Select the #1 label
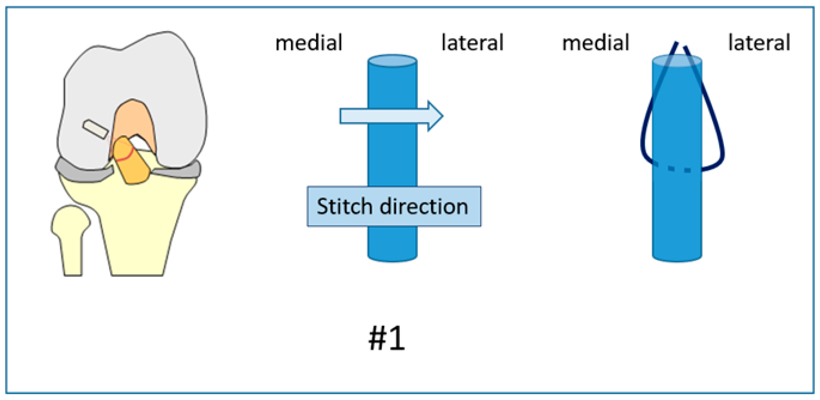(387, 338)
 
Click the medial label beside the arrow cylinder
(309, 43)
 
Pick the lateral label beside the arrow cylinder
(472, 43)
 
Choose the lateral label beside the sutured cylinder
(759, 43)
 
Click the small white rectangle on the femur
(95, 129)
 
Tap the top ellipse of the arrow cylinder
(392, 61)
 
